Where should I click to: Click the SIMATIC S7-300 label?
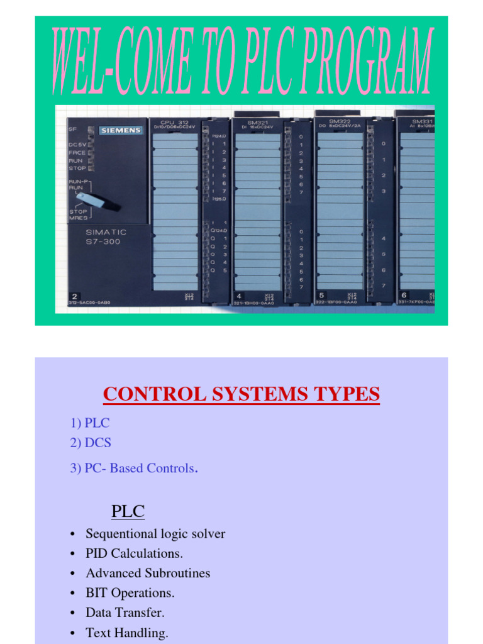(x=103, y=236)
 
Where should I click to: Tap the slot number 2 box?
(x=75, y=295)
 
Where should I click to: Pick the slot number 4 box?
(x=239, y=295)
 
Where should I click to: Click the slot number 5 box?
(x=321, y=295)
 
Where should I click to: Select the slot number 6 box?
(x=404, y=295)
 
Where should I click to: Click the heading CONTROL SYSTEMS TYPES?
(x=241, y=394)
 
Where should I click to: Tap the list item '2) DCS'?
(x=91, y=443)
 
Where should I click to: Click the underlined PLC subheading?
(x=128, y=511)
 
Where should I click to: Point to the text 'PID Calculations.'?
(x=134, y=553)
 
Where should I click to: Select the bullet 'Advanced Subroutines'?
(x=148, y=573)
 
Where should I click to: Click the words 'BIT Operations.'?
(x=130, y=592)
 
